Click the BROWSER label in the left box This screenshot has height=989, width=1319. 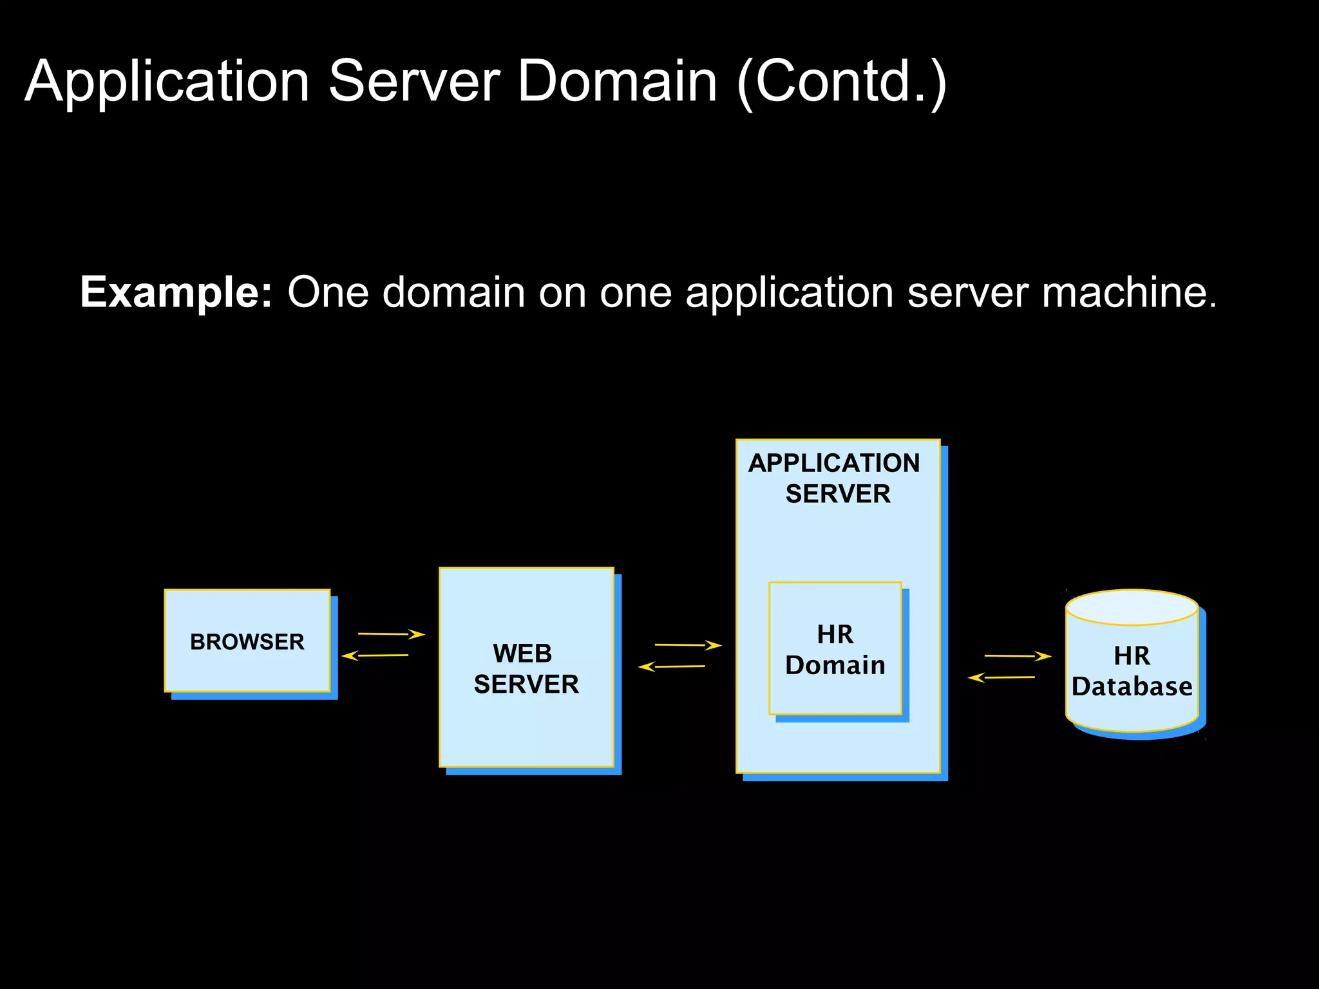[x=247, y=642]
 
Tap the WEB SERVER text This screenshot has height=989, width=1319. [x=526, y=669]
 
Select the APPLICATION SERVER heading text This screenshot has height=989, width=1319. [x=835, y=478]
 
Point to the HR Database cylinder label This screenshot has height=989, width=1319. [x=1132, y=672]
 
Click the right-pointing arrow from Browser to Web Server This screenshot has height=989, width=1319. [x=391, y=634]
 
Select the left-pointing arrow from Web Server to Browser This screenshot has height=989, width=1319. [x=375, y=655]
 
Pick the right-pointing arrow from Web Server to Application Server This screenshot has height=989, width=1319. [x=687, y=645]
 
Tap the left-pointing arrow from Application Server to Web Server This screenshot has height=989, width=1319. [x=672, y=666]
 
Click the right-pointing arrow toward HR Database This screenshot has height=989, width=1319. [x=1018, y=656]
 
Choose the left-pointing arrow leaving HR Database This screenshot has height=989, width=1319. [x=1001, y=677]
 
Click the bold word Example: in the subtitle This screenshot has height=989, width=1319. [x=176, y=293]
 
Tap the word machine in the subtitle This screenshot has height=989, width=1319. [x=1128, y=293]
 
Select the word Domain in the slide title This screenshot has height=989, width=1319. [x=616, y=82]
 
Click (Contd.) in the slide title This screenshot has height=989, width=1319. [x=841, y=82]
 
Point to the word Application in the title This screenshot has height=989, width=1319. [x=167, y=82]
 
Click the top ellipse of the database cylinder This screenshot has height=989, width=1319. [x=1132, y=607]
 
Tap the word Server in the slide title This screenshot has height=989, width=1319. [x=414, y=82]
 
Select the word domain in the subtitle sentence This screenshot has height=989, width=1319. [x=454, y=293]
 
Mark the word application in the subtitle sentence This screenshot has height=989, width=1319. [x=789, y=293]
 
